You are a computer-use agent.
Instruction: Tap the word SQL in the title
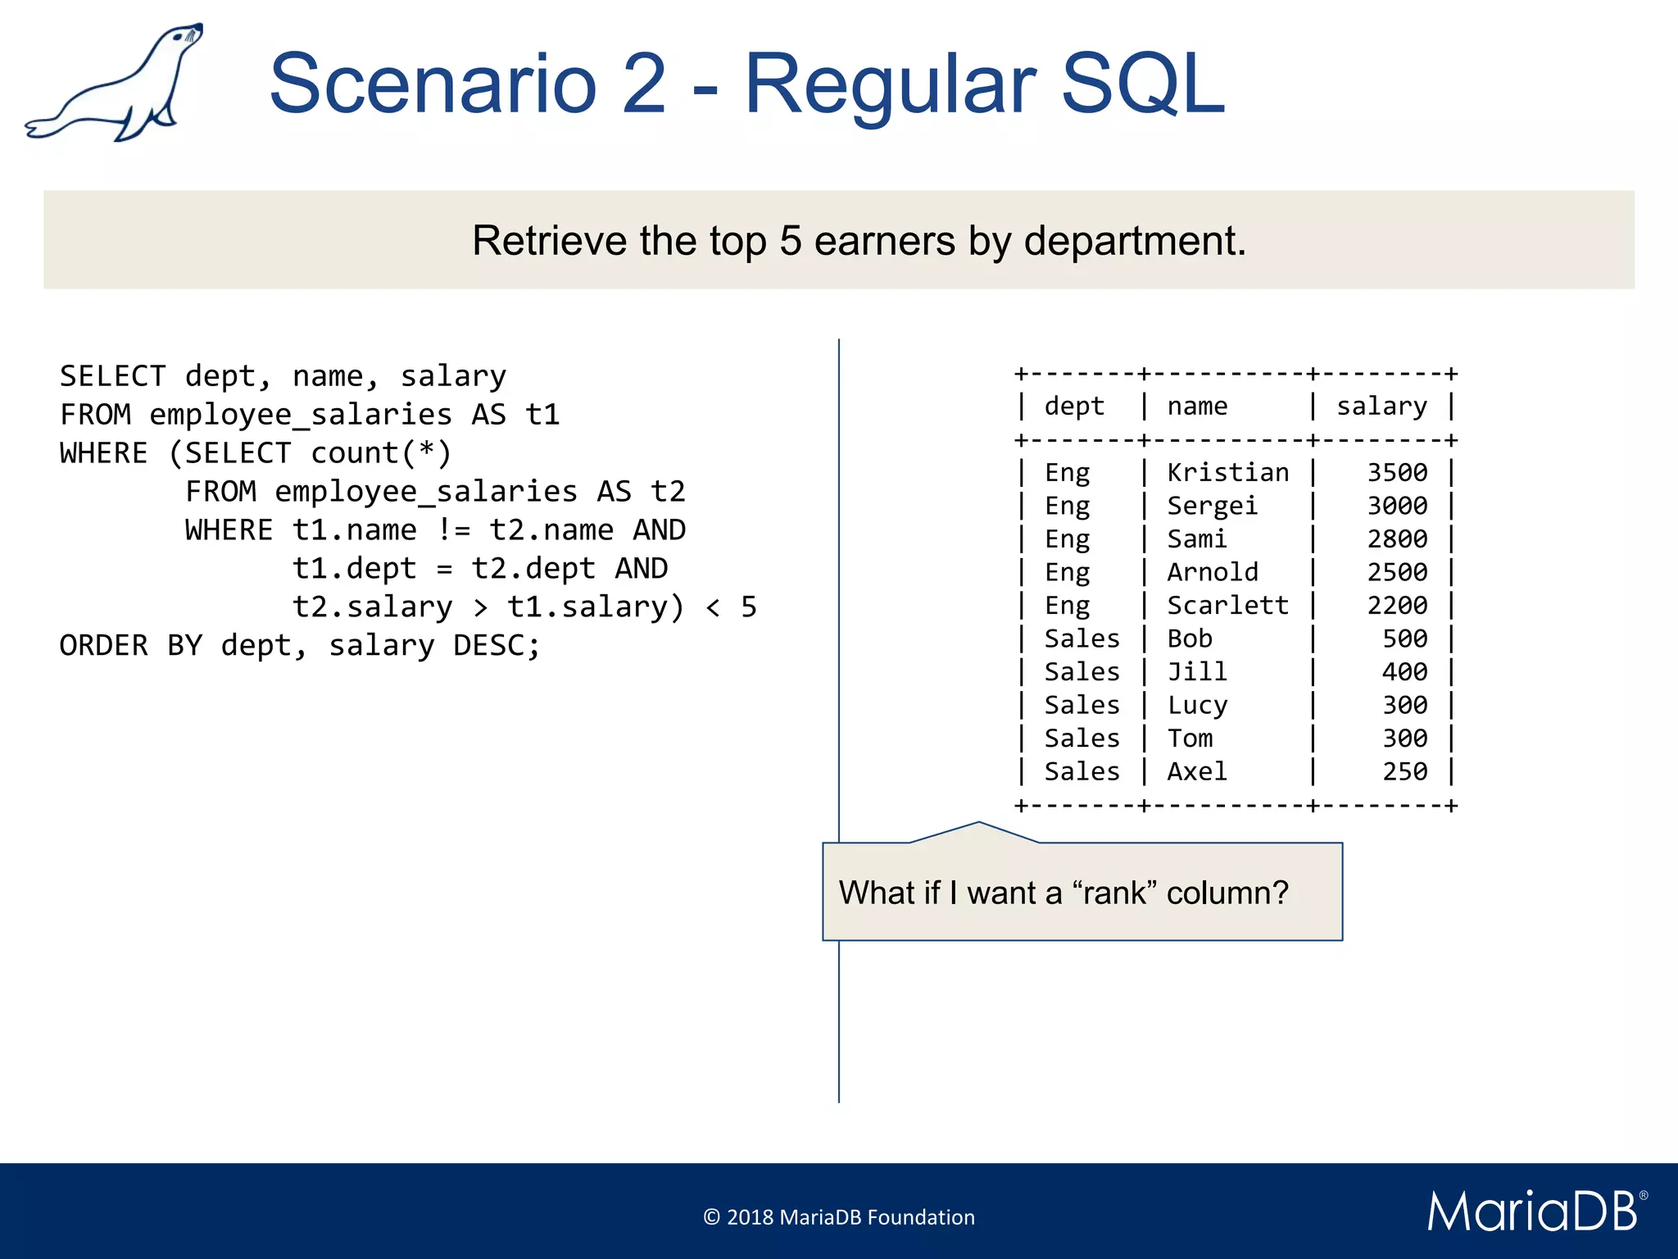coord(1142,84)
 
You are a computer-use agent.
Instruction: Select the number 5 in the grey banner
coord(790,241)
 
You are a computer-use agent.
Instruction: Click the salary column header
coord(1381,407)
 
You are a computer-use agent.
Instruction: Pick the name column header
coord(1197,407)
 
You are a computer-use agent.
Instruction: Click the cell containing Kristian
coord(1227,473)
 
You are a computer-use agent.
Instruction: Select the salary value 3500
coord(1397,473)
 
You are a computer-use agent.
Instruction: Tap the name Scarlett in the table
coord(1227,606)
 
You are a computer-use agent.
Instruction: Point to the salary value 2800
coord(1397,539)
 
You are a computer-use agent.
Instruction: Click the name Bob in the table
coord(1190,639)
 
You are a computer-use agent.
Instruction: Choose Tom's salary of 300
coord(1404,739)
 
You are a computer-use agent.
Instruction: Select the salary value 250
coord(1404,772)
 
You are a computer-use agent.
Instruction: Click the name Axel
coord(1197,772)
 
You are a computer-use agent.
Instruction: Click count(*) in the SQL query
coord(381,453)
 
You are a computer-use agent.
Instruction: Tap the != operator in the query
coord(453,530)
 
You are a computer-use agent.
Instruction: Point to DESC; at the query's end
coord(497,646)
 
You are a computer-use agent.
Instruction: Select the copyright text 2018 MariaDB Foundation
coord(839,1217)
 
